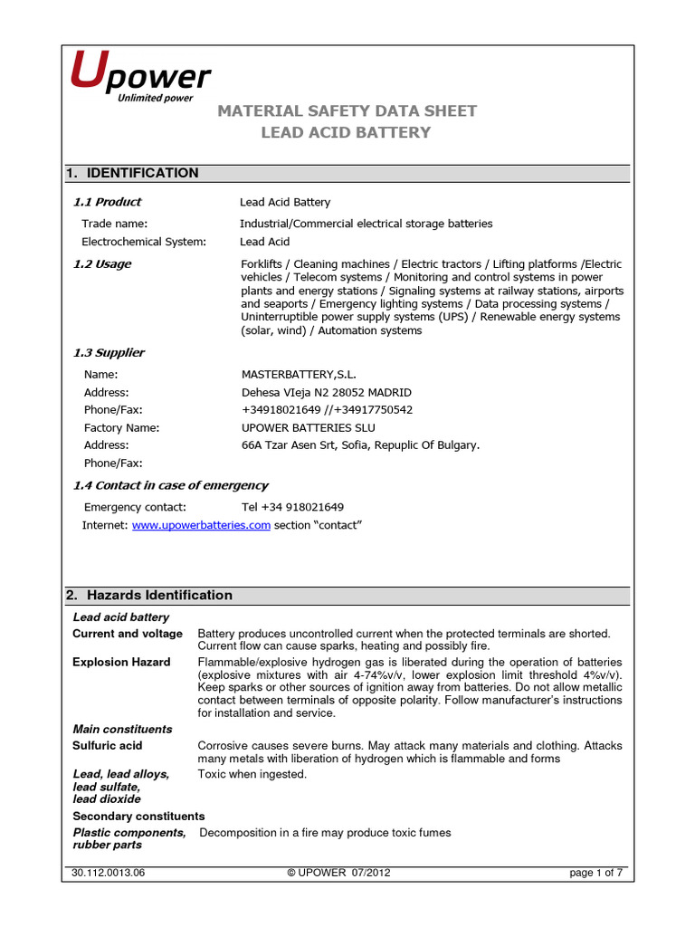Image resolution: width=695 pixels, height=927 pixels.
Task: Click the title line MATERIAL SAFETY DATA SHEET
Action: point(346,110)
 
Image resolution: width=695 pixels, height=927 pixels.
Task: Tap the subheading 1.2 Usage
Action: point(101,263)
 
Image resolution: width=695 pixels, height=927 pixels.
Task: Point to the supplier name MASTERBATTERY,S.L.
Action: point(298,374)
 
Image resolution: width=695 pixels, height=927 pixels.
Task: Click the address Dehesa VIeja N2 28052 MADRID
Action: point(326,392)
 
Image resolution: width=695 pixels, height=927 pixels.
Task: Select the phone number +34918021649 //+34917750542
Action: point(327,409)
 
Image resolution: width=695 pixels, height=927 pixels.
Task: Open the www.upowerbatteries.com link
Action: point(201,525)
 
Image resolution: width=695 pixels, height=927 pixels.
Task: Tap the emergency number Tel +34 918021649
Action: point(292,507)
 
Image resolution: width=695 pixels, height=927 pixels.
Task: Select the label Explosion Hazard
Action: point(121,662)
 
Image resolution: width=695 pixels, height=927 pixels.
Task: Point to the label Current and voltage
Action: point(127,633)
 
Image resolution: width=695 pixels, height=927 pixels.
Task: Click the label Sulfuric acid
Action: point(108,745)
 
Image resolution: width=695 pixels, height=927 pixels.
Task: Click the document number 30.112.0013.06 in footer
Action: point(108,873)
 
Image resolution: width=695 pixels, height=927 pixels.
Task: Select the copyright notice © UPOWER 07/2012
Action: point(339,873)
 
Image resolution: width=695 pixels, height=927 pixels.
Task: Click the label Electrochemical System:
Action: point(144,242)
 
